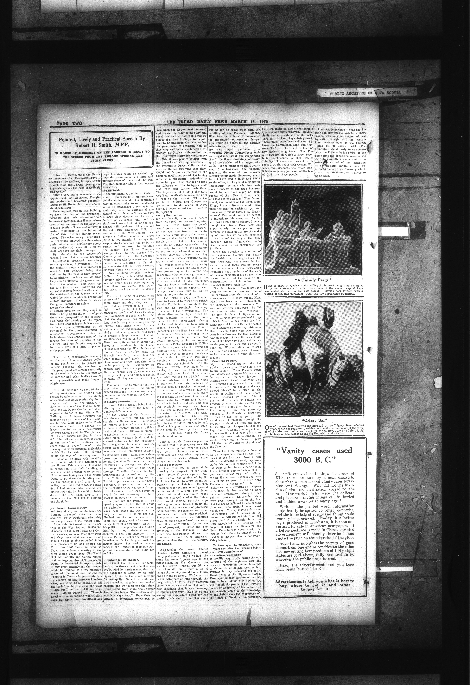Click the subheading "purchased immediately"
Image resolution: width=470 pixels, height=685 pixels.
pos(68,508)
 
